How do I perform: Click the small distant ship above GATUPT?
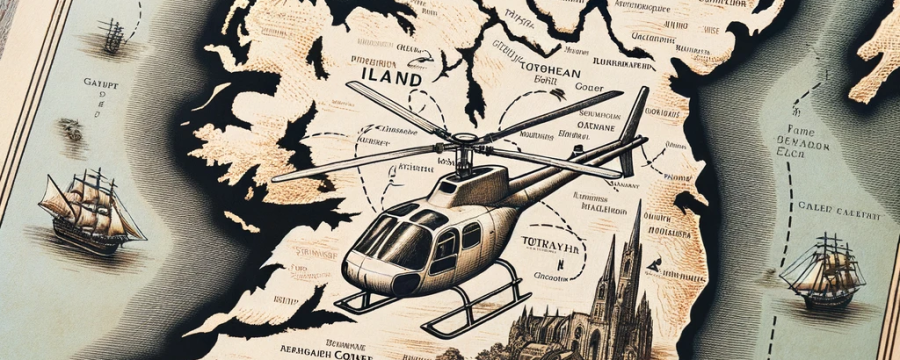click(x=111, y=38)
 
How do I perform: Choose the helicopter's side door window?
click(x=446, y=246)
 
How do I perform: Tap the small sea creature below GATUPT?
click(x=70, y=128)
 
